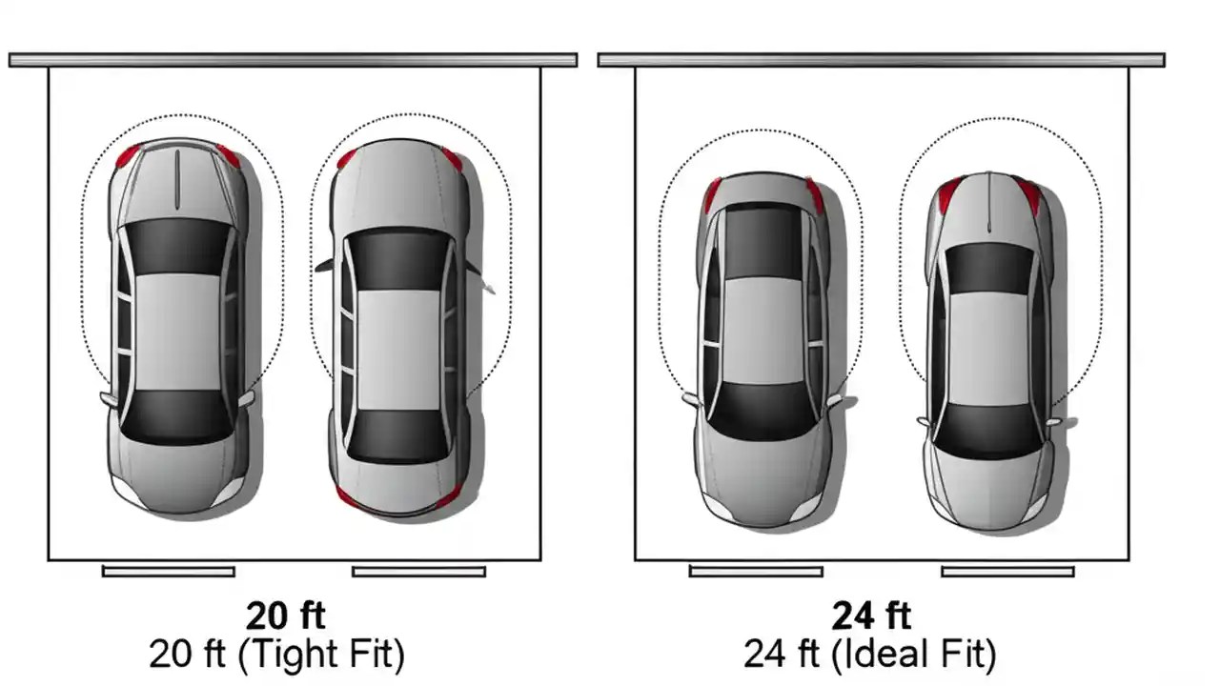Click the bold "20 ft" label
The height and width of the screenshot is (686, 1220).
point(285,616)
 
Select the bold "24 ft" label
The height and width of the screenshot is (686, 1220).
point(871,616)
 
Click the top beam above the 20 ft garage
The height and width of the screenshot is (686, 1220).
point(293,60)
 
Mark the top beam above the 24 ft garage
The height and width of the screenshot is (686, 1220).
point(881,60)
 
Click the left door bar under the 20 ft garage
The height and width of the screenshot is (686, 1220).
point(169,572)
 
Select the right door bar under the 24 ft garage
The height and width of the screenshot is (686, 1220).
point(1007,572)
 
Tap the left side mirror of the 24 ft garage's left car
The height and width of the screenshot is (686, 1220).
point(691,398)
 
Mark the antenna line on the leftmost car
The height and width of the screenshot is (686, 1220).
point(177,181)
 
